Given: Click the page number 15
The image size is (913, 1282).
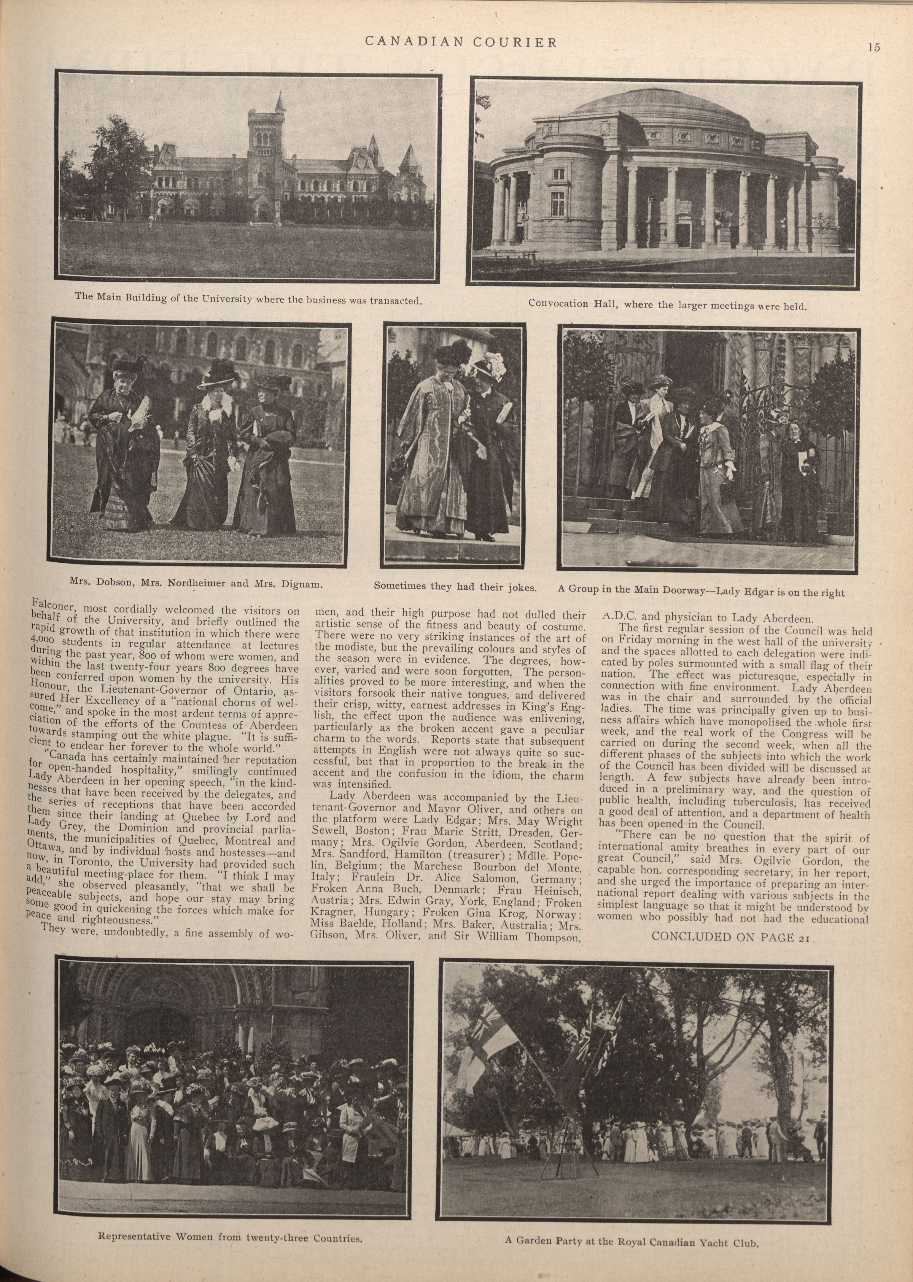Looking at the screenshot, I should click(873, 48).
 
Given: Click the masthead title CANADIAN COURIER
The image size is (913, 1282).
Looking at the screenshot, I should click(461, 42).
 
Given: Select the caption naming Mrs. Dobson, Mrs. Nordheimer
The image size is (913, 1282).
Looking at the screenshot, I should click(196, 583).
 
